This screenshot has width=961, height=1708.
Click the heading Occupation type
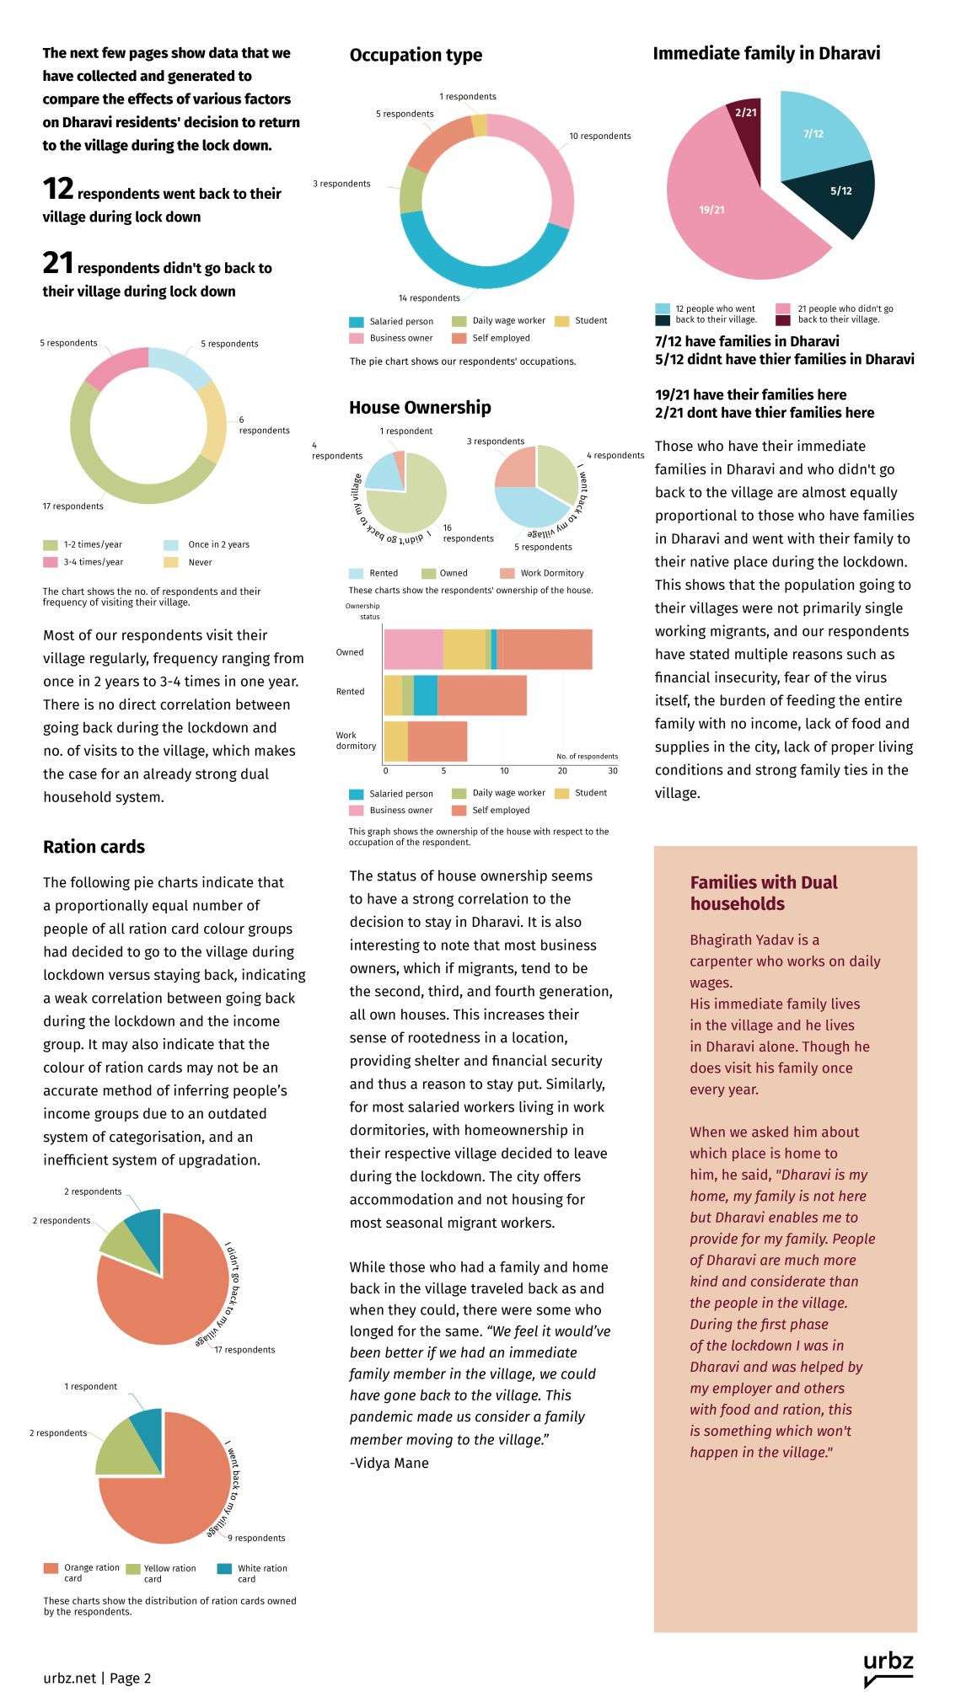[x=416, y=56]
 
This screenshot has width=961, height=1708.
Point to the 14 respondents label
[x=429, y=298]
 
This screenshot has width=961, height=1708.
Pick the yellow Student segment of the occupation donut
[x=480, y=125]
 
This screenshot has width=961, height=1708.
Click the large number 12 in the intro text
[x=58, y=190]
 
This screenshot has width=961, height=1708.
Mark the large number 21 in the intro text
[x=58, y=264]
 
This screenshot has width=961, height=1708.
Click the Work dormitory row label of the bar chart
[x=355, y=741]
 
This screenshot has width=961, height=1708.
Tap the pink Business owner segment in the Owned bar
[x=413, y=650]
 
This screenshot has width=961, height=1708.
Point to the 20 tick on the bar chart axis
[x=562, y=770]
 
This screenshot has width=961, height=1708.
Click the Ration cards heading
[x=94, y=847]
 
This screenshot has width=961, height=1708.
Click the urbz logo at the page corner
[x=888, y=1668]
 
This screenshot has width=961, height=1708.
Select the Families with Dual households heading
[x=763, y=893]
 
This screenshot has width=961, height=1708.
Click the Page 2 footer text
[x=130, y=1678]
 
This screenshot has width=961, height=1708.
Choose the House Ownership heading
[x=420, y=408]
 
